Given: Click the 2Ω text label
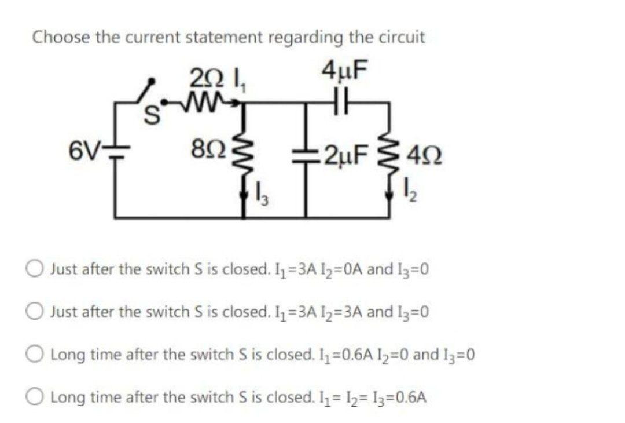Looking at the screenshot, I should coord(203,76).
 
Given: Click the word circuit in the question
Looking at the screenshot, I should coord(403,37).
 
